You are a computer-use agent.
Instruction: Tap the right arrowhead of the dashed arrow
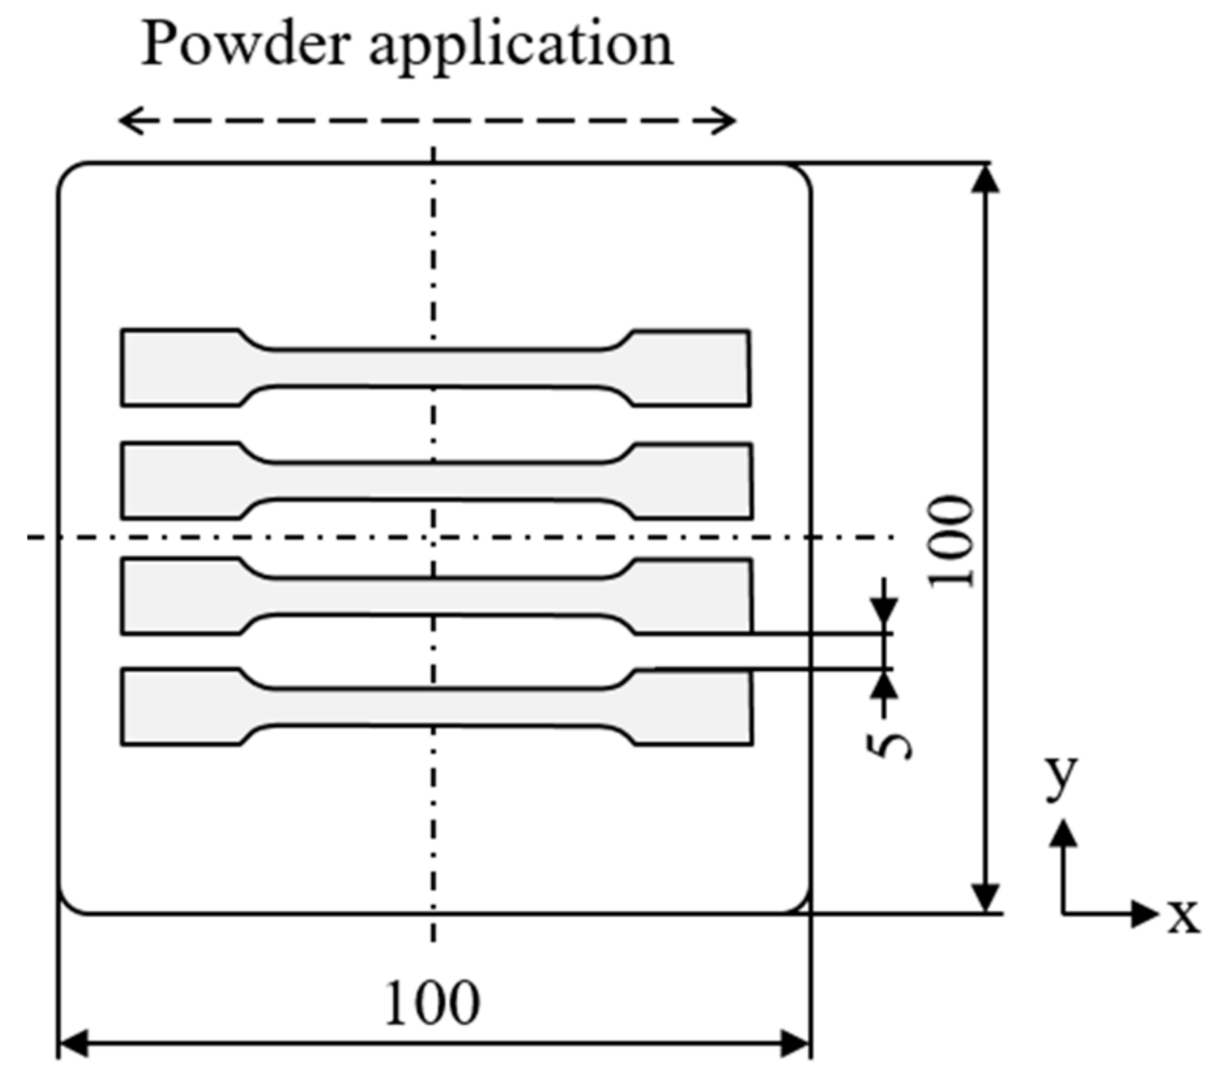pyautogui.click(x=727, y=120)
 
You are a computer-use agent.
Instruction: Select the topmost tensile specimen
pyautogui.click(x=436, y=368)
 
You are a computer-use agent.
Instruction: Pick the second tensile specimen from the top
pyautogui.click(x=436, y=481)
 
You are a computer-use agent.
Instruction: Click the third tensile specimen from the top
pyautogui.click(x=436, y=596)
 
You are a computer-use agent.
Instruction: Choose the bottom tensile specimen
pyautogui.click(x=436, y=707)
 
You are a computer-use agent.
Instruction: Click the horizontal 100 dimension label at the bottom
pyautogui.click(x=433, y=1004)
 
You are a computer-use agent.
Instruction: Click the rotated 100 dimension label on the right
pyautogui.click(x=951, y=540)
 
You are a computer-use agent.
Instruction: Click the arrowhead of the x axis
pyautogui.click(x=1147, y=913)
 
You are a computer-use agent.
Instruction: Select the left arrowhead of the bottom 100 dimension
pyautogui.click(x=71, y=1044)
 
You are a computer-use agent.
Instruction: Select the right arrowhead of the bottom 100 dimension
pyautogui.click(x=797, y=1044)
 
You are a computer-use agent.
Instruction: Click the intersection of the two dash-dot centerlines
pyautogui.click(x=434, y=538)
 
